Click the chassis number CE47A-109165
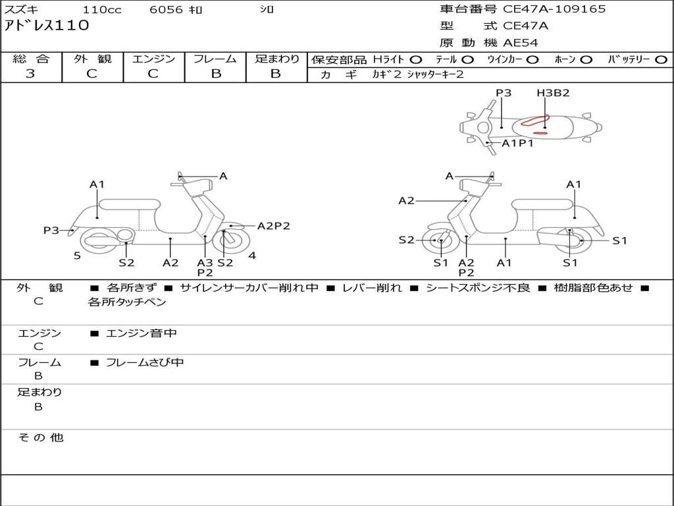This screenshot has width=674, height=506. [554, 9]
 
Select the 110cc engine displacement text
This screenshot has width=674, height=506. [97, 10]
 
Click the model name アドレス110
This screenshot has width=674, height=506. [46, 26]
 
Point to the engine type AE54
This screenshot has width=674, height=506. [521, 43]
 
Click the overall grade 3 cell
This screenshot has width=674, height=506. [30, 74]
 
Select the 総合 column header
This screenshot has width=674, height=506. [30, 59]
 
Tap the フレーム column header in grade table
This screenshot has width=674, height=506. [215, 59]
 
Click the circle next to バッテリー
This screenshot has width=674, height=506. [661, 60]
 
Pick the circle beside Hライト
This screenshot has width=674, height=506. [415, 60]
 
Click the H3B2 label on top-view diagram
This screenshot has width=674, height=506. [552, 93]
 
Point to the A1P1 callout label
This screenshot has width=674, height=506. [517, 143]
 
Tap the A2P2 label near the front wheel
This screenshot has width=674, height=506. [273, 226]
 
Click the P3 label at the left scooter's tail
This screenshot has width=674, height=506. [51, 231]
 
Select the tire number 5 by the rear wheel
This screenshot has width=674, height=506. [77, 256]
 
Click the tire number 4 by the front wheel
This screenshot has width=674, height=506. [252, 256]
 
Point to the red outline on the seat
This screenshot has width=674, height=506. [534, 121]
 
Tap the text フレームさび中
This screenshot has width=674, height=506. [145, 362]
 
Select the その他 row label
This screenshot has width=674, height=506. [40, 437]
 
